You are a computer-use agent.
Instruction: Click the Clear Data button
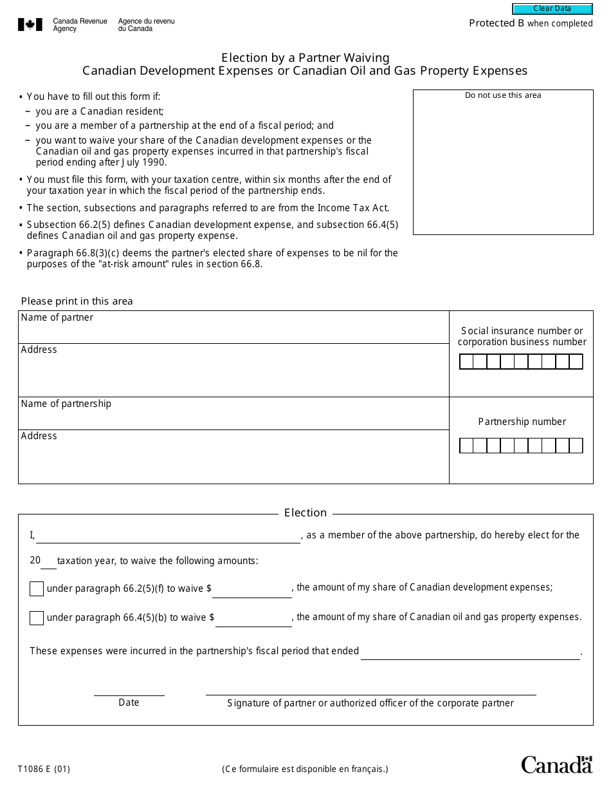(x=552, y=9)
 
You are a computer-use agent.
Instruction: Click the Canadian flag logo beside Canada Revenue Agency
(x=30, y=25)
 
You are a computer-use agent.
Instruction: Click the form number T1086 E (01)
(x=44, y=768)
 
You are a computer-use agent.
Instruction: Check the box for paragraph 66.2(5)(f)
(x=37, y=589)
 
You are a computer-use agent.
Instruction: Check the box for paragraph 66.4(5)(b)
(x=37, y=618)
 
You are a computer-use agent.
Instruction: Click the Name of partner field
(x=233, y=332)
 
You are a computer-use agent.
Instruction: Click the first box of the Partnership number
(x=466, y=446)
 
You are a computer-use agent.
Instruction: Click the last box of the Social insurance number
(x=576, y=362)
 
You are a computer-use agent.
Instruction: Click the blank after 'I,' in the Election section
(x=168, y=536)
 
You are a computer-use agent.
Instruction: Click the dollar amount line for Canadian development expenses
(x=253, y=590)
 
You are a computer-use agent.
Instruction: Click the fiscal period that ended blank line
(x=470, y=652)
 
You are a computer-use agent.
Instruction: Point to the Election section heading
(x=305, y=513)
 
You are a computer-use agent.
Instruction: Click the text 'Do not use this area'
(x=503, y=95)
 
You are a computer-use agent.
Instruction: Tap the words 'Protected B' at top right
(x=497, y=23)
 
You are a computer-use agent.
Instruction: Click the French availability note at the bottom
(x=305, y=768)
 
